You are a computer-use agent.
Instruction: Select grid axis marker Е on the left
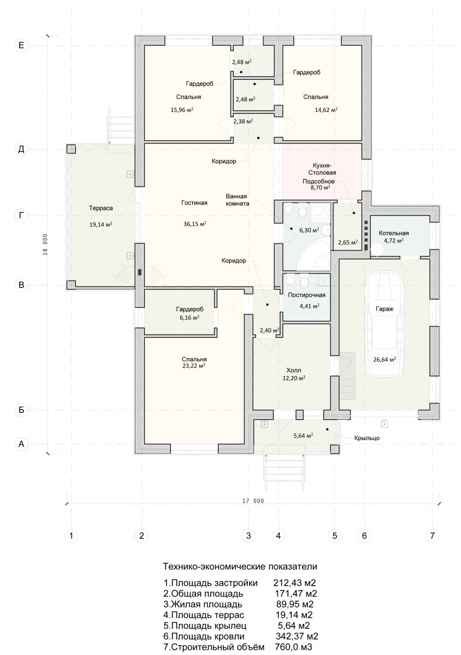coord(21,45)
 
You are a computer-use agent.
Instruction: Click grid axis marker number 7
coord(432,535)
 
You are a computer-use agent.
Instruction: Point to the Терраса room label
coord(101,208)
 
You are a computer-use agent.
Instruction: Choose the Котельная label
coord(394,233)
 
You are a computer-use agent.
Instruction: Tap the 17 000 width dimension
coord(253,501)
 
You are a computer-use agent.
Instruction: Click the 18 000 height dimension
coord(45,245)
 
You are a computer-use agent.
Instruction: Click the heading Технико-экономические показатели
coord(240,566)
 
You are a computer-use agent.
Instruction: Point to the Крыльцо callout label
coord(367,438)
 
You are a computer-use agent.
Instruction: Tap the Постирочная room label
coord(306,295)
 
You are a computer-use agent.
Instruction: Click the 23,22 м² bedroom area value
coord(193,366)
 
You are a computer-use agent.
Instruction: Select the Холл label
coord(293,370)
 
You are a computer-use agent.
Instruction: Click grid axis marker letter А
coord(21,444)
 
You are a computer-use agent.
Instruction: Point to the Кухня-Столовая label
coord(322,169)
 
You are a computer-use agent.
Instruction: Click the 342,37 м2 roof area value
coord(297,636)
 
